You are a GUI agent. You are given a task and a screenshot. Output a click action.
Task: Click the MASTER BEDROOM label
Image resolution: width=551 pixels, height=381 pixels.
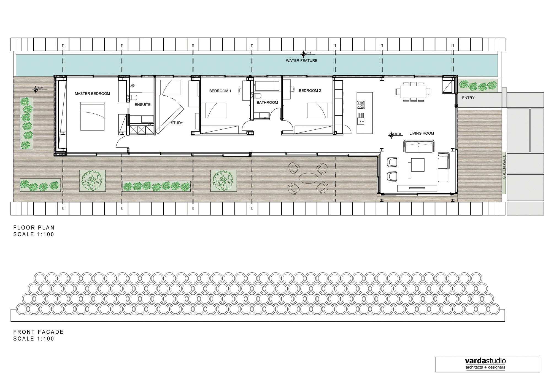click(92, 94)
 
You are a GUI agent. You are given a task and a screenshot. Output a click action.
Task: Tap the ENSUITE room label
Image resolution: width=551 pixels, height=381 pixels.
click(142, 105)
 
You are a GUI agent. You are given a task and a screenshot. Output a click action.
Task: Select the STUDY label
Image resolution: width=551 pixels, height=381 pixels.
click(177, 123)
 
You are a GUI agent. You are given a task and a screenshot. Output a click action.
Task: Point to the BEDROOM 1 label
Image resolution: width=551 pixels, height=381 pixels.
click(220, 91)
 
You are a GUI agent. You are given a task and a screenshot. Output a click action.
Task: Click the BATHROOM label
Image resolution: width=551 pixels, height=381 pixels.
click(267, 102)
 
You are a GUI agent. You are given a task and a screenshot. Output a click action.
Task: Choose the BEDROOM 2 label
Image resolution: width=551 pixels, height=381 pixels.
click(310, 90)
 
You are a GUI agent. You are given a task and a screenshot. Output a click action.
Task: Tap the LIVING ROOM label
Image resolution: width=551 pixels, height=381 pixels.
click(422, 133)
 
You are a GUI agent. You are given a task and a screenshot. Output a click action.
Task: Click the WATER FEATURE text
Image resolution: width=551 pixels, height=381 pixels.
click(301, 60)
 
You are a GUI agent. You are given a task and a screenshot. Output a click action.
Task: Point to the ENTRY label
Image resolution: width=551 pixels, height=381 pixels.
click(468, 98)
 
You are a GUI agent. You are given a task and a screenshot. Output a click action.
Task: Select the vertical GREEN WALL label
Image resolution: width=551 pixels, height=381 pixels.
click(504, 167)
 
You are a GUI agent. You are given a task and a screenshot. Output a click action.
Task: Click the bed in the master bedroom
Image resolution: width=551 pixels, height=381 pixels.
click(92, 116)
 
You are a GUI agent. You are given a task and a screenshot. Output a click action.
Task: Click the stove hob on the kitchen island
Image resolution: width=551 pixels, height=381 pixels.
click(361, 105)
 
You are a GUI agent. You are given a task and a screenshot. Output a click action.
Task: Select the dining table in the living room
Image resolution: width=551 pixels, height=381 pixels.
click(413, 91)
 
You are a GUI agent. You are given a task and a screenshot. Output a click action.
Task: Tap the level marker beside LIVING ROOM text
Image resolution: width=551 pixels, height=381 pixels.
click(391, 135)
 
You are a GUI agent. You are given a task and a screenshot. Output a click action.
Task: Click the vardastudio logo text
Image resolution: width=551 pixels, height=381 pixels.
click(485, 361)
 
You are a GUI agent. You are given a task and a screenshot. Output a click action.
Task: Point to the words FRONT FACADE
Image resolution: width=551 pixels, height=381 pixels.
click(39, 332)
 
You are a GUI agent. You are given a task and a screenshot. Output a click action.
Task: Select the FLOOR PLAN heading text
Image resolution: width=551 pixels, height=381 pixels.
click(34, 228)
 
